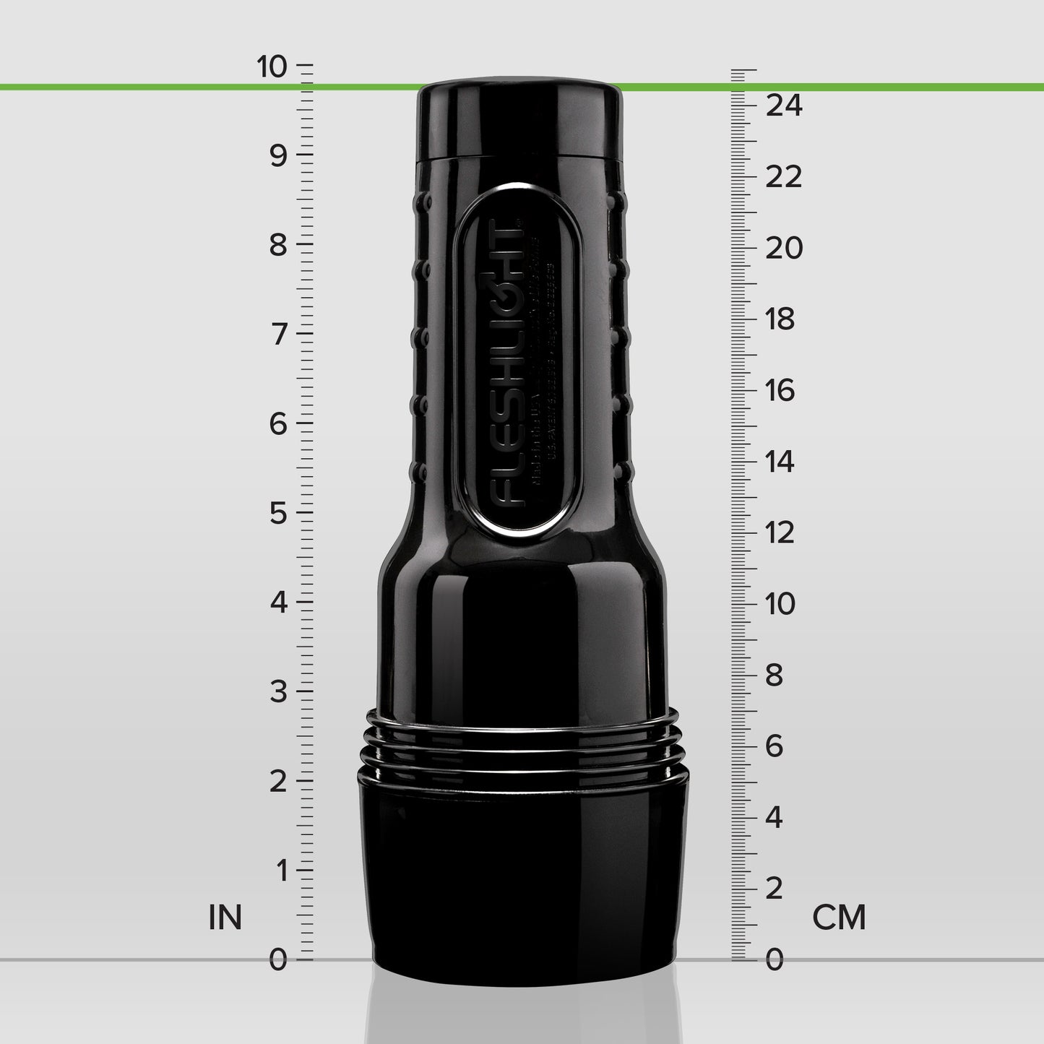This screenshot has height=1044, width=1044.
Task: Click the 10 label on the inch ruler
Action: click(272, 66)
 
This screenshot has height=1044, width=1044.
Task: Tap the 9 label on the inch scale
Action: click(279, 155)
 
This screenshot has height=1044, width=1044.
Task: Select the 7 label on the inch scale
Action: click(279, 335)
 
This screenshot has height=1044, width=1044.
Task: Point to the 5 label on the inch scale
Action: click(279, 514)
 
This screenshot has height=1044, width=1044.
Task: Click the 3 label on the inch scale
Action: click(279, 692)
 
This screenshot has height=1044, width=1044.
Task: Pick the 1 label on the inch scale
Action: click(280, 871)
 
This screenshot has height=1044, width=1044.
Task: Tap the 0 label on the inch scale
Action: click(278, 960)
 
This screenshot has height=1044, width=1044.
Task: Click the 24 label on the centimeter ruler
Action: click(784, 105)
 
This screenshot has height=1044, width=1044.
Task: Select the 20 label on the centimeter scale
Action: click(784, 248)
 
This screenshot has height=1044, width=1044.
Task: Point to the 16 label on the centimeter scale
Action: click(780, 390)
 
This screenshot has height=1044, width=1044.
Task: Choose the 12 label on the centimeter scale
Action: click(780, 532)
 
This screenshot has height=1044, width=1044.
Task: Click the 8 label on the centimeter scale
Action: click(774, 675)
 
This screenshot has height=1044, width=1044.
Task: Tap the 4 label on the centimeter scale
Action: click(774, 817)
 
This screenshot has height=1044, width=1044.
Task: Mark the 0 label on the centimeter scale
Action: click(774, 960)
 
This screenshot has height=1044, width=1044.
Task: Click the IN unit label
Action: click(225, 918)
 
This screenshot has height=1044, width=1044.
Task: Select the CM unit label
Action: click(839, 918)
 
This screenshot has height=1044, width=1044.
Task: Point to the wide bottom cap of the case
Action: click(523, 874)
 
